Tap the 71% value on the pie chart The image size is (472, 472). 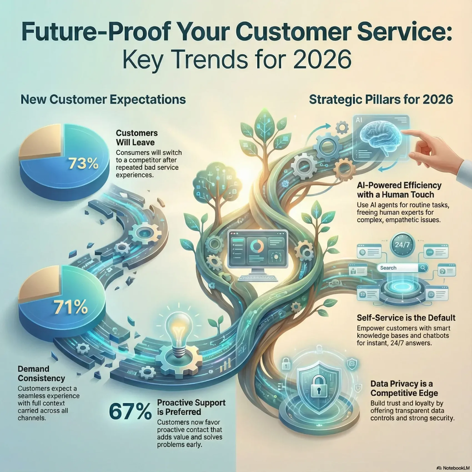click(x=71, y=307)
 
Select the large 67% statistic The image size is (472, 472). click(x=130, y=412)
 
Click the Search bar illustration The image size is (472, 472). click(x=402, y=268)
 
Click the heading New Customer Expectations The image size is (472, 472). click(x=103, y=99)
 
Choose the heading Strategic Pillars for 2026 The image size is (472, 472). click(x=381, y=99)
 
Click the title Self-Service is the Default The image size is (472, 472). click(x=406, y=318)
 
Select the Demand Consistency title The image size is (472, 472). click(x=41, y=373)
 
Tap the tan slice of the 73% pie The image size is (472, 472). click(x=42, y=144)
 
